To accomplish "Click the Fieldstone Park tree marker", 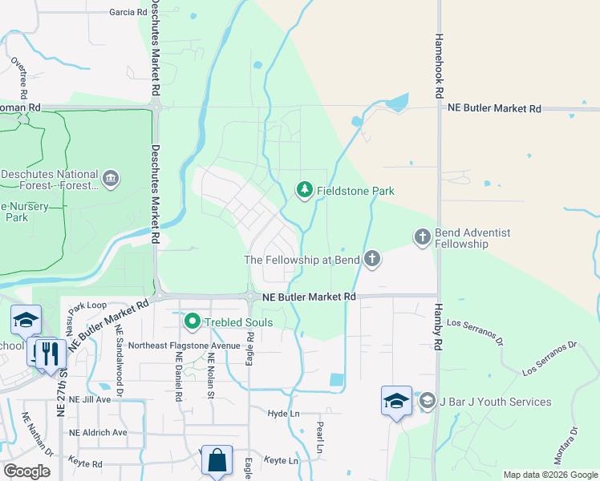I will click(304, 190).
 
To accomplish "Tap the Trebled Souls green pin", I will click(192, 322).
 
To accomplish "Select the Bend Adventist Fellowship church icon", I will click(423, 236).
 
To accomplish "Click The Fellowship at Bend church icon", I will click(371, 258).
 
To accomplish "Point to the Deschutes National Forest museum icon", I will click(111, 177).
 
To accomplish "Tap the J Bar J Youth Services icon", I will click(428, 401).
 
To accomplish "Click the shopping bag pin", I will click(217, 461).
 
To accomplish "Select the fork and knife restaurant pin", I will click(51, 353).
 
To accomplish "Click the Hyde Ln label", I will click(284, 413).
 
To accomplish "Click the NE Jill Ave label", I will click(90, 398).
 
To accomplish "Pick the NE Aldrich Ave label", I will click(98, 432).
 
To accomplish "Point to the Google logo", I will click(26, 471).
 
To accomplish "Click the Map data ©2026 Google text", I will click(549, 475).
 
